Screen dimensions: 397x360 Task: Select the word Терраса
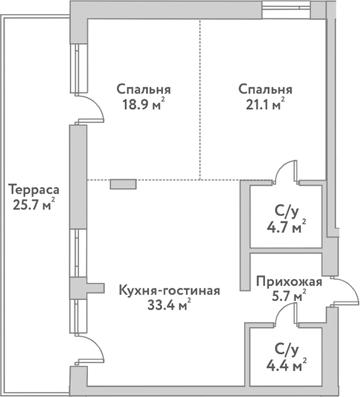34,191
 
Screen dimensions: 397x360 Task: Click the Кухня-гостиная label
169,291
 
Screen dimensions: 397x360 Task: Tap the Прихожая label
289,281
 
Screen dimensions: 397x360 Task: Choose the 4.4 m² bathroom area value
286,365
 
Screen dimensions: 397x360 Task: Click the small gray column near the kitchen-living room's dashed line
123,184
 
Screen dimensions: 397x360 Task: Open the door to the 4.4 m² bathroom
287,314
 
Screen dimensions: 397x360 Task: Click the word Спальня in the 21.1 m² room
265,90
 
